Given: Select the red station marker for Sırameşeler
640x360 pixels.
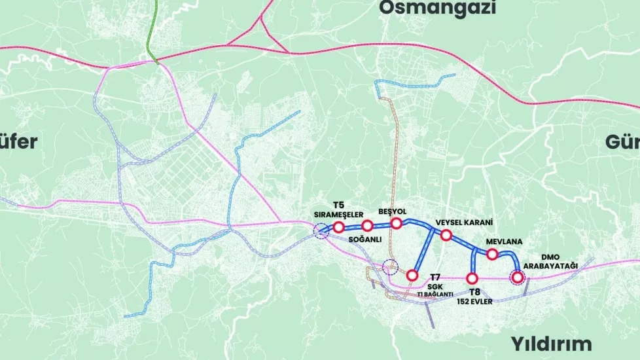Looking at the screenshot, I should click(338, 227).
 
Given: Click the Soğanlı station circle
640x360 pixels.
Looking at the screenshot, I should click(367, 226).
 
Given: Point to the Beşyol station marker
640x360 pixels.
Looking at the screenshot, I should click(396, 223).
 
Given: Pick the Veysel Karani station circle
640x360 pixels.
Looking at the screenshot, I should click(446, 235).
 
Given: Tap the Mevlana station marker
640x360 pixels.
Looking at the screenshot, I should click(492, 255).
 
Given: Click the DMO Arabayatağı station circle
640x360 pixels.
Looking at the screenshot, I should click(518, 278).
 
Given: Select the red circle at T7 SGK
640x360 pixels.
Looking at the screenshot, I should click(412, 276).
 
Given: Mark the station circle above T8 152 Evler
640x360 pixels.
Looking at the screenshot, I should click(472, 278).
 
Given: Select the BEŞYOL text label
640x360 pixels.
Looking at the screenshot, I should click(393, 212).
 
